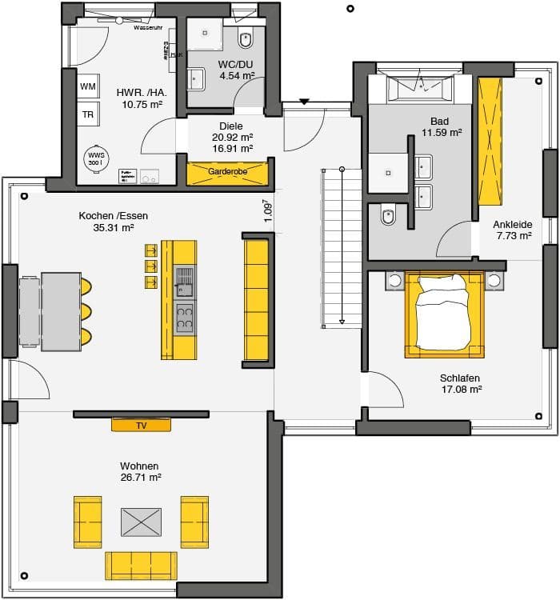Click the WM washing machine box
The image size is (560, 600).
[88, 86]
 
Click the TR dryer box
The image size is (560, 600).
[88, 114]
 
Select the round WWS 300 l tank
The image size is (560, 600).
[95, 158]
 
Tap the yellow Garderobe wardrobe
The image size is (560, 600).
[226, 173]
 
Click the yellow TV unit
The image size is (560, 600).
[141, 425]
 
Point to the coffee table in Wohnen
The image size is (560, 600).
[141, 522]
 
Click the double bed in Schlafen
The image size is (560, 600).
[445, 314]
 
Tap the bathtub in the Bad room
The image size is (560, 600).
[419, 88]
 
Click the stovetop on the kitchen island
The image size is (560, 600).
[185, 317]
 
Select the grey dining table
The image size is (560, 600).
[60, 311]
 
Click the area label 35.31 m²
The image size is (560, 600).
[114, 227]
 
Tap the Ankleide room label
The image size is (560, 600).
[513, 225]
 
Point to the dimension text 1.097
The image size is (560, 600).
[268, 210]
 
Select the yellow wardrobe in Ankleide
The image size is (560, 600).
[489, 142]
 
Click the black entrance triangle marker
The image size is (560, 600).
[304, 102]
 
